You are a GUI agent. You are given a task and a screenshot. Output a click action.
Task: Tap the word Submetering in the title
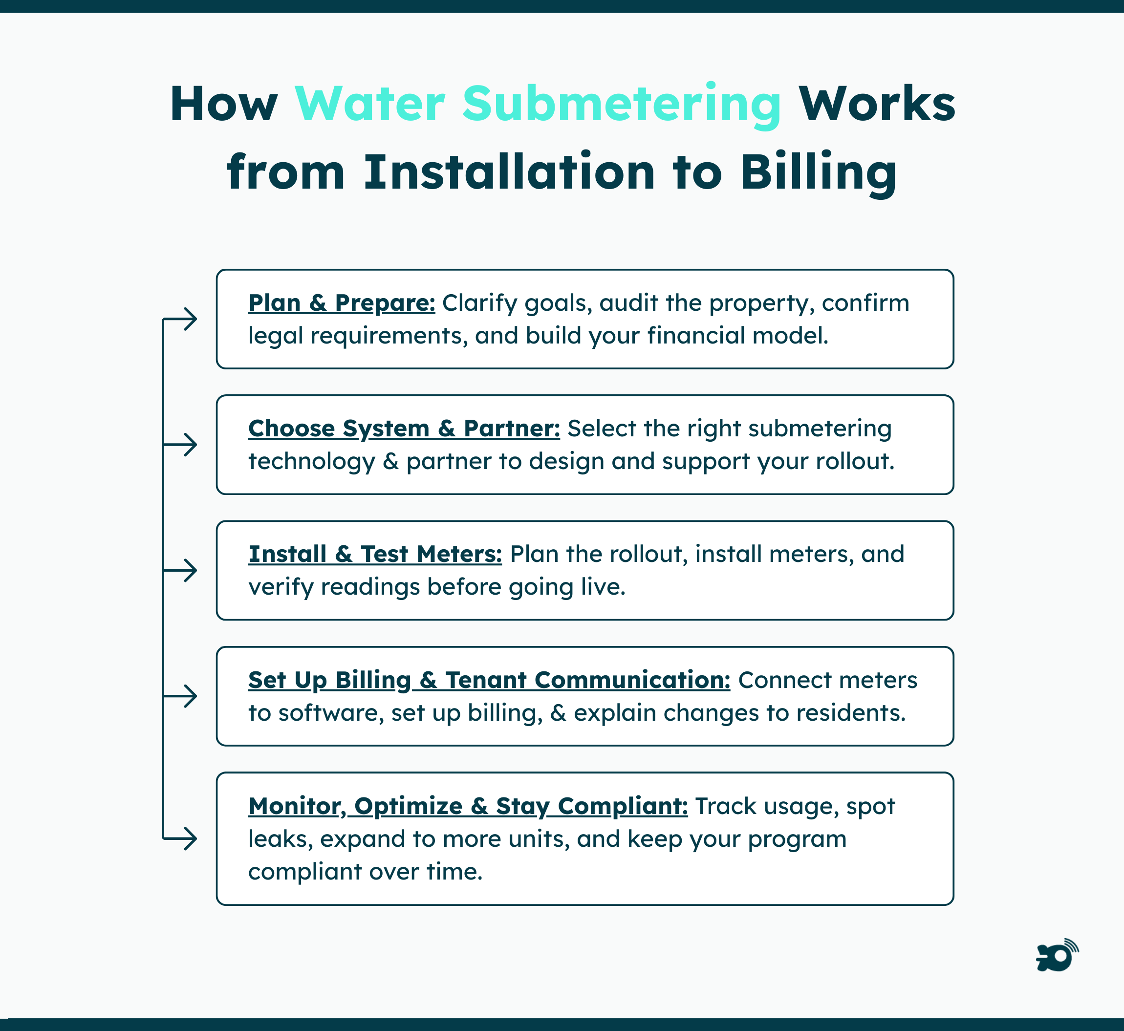click(621, 105)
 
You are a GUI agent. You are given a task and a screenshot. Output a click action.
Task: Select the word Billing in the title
click(818, 172)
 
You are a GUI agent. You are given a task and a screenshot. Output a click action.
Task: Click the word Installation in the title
click(509, 172)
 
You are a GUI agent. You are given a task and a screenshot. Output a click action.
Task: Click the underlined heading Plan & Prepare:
click(341, 303)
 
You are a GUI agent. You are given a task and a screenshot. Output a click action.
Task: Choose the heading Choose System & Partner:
click(404, 429)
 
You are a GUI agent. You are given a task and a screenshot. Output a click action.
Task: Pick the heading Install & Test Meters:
click(374, 554)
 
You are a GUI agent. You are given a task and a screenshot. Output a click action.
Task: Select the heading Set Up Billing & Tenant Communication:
click(489, 680)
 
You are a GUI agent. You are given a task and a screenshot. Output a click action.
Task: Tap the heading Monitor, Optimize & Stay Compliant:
click(468, 806)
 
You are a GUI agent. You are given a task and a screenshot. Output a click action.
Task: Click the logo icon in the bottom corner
click(1057, 956)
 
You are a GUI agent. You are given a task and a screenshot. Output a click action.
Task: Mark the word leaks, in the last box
click(280, 838)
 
